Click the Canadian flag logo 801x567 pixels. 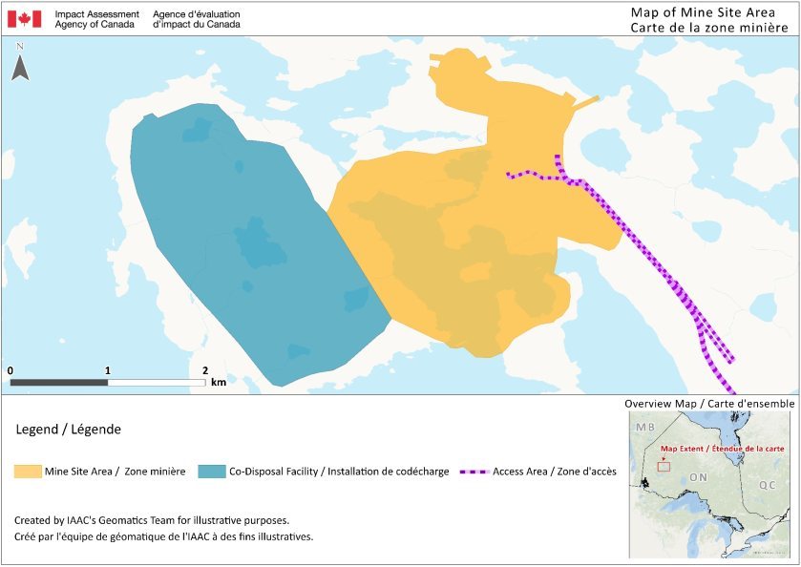24,18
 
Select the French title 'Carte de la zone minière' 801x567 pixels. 702,27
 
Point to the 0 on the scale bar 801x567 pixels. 10,370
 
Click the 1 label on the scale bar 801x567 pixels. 108,370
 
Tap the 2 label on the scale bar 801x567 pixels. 205,370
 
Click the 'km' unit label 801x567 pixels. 219,383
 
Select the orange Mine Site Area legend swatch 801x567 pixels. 28,472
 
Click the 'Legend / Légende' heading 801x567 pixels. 69,430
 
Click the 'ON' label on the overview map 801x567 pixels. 698,476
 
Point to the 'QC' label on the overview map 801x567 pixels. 767,485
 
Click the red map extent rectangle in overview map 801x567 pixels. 664,467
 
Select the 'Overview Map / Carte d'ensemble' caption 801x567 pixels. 709,404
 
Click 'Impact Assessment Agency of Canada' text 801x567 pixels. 96,18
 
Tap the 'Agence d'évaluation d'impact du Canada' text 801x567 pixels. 197,18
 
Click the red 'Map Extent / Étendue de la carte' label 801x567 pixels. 706,449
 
